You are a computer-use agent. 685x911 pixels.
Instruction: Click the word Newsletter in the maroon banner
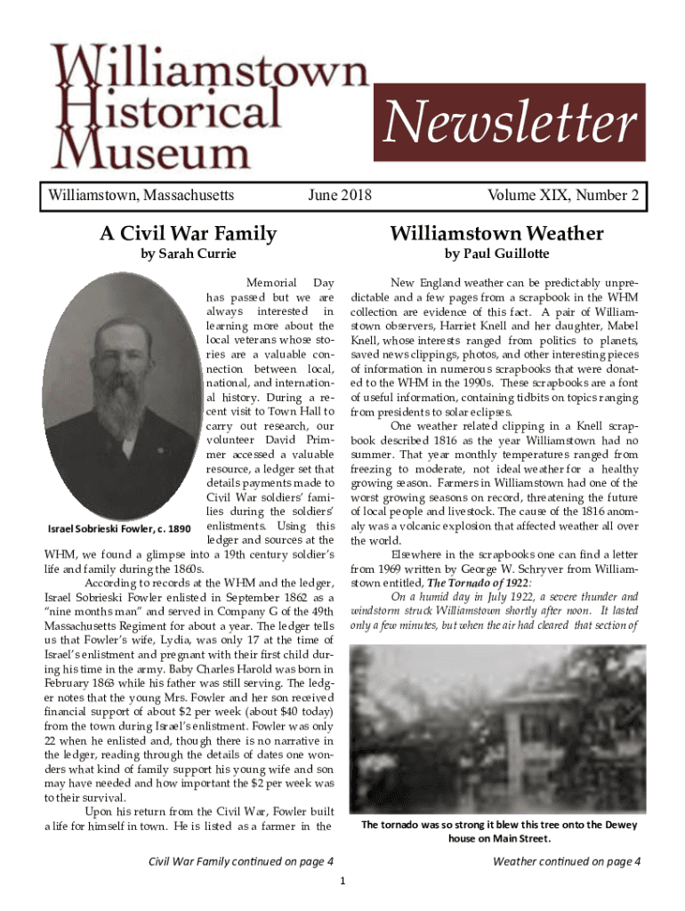510,125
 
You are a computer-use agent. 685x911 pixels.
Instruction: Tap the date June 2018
339,194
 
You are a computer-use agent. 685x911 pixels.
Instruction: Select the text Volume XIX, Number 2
563,194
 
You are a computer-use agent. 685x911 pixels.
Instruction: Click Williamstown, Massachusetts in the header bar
141,194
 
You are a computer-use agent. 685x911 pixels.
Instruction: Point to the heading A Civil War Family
188,234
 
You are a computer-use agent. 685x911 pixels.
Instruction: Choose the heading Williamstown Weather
496,234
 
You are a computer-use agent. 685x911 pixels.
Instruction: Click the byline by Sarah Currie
189,254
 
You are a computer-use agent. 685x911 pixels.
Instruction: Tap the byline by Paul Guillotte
496,254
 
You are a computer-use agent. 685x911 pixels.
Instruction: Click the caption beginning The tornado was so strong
498,831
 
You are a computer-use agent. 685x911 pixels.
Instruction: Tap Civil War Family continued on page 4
241,860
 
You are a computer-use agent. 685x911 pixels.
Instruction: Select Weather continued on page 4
567,860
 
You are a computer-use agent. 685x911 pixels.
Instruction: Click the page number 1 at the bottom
343,881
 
